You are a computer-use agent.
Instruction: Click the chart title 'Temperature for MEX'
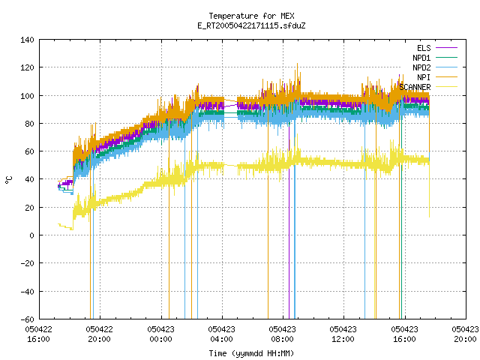[251, 16]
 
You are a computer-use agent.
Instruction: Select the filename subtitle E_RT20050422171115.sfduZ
[251, 25]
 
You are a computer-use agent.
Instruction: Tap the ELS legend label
[424, 48]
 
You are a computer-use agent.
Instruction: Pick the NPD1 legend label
[421, 58]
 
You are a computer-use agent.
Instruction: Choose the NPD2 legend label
[421, 67]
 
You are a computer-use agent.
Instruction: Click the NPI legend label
[424, 77]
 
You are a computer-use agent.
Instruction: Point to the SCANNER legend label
[415, 87]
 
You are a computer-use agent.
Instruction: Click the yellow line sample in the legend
[446, 87]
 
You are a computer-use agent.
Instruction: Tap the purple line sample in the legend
[446, 48]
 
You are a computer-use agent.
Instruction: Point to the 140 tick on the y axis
[27, 40]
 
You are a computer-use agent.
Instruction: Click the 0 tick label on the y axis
[31, 235]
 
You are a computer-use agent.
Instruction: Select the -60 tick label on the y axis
[27, 319]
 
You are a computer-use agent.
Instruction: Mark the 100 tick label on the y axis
[27, 96]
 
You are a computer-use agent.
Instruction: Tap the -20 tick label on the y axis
[27, 263]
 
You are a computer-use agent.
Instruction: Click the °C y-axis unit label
[9, 180]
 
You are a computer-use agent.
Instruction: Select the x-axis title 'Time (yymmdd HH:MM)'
[251, 353]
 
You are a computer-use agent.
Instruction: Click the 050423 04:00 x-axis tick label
[222, 334]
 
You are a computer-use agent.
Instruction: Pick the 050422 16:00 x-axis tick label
[38, 334]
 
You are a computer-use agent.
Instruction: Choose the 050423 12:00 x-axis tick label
[343, 334]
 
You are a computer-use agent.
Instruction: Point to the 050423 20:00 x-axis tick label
[465, 334]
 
